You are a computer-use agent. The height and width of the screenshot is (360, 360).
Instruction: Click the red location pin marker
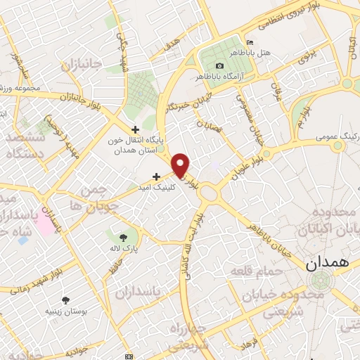pyautogui.click(x=181, y=164)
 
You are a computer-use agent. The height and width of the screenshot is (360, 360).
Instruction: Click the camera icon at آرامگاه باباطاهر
pyautogui.click(x=220, y=65)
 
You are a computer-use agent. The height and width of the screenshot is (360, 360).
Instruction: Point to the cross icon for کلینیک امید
pyautogui.click(x=155, y=176)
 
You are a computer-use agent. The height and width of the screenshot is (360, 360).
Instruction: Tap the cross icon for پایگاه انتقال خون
pyautogui.click(x=135, y=129)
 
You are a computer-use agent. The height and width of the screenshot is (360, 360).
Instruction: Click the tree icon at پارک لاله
pyautogui.click(x=123, y=236)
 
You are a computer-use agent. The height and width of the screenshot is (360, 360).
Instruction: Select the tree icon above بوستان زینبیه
pyautogui.click(x=66, y=300)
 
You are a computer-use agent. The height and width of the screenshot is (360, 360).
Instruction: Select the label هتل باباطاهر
pyautogui.click(x=275, y=53)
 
